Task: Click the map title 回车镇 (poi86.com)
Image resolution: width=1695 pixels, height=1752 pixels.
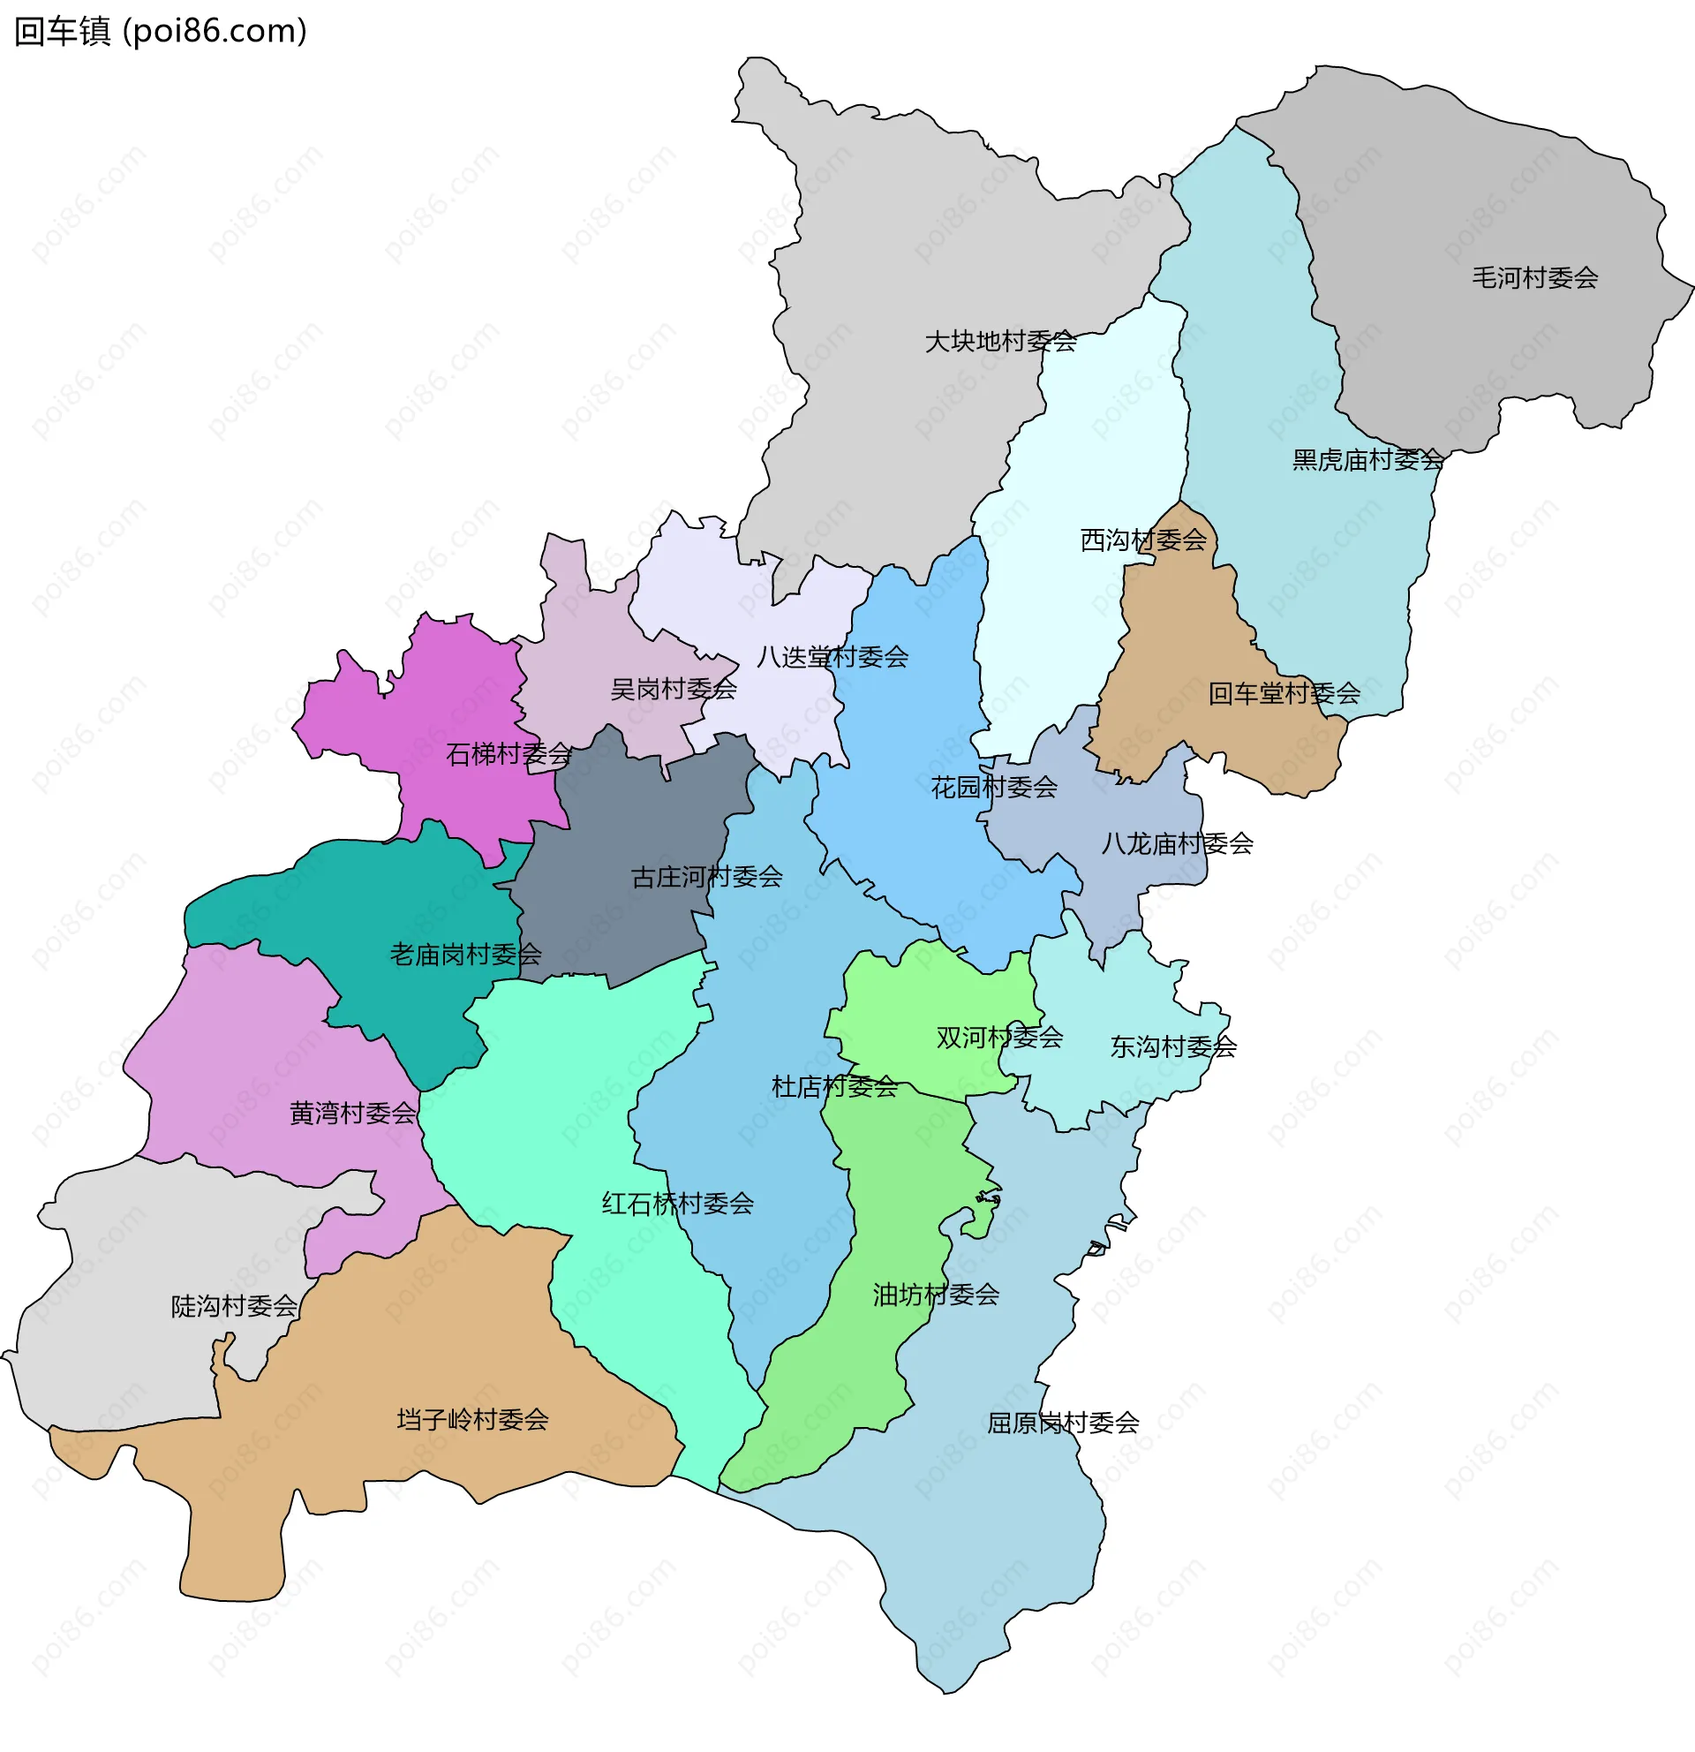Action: pyautogui.click(x=161, y=31)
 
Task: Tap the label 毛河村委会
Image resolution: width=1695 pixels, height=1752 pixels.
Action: pyautogui.click(x=1534, y=278)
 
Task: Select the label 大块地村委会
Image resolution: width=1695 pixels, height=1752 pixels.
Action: pyautogui.click(x=1000, y=342)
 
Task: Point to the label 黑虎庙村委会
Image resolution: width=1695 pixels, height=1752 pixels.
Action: pyautogui.click(x=1367, y=460)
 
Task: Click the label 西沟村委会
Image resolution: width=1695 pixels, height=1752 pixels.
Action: pyautogui.click(x=1143, y=540)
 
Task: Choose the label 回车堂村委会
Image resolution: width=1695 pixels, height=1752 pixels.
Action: pyautogui.click(x=1283, y=694)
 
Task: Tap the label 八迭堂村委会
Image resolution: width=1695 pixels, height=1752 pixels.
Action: pyautogui.click(x=832, y=657)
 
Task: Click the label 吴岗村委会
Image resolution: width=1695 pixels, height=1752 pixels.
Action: pyautogui.click(x=673, y=689)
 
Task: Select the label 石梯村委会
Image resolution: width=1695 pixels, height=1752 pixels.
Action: pyautogui.click(x=508, y=754)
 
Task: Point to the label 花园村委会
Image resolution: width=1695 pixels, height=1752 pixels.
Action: pyautogui.click(x=993, y=788)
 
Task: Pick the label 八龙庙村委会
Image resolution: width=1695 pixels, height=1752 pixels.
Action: pyautogui.click(x=1176, y=843)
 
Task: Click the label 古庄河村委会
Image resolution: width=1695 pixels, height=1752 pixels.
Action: pyautogui.click(x=706, y=877)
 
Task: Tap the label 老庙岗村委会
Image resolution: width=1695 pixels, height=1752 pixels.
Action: pyautogui.click(x=464, y=955)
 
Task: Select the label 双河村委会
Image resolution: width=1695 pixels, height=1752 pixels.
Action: pyautogui.click(x=999, y=1038)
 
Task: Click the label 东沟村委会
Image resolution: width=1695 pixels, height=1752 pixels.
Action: pyautogui.click(x=1172, y=1046)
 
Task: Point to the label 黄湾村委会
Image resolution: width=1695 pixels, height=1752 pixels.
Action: pyautogui.click(x=352, y=1113)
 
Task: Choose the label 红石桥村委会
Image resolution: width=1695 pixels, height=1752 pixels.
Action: pyautogui.click(x=677, y=1204)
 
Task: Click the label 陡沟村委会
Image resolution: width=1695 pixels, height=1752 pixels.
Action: pyautogui.click(x=234, y=1306)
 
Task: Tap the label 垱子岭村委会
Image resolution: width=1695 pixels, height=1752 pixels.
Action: pyautogui.click(x=471, y=1419)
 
